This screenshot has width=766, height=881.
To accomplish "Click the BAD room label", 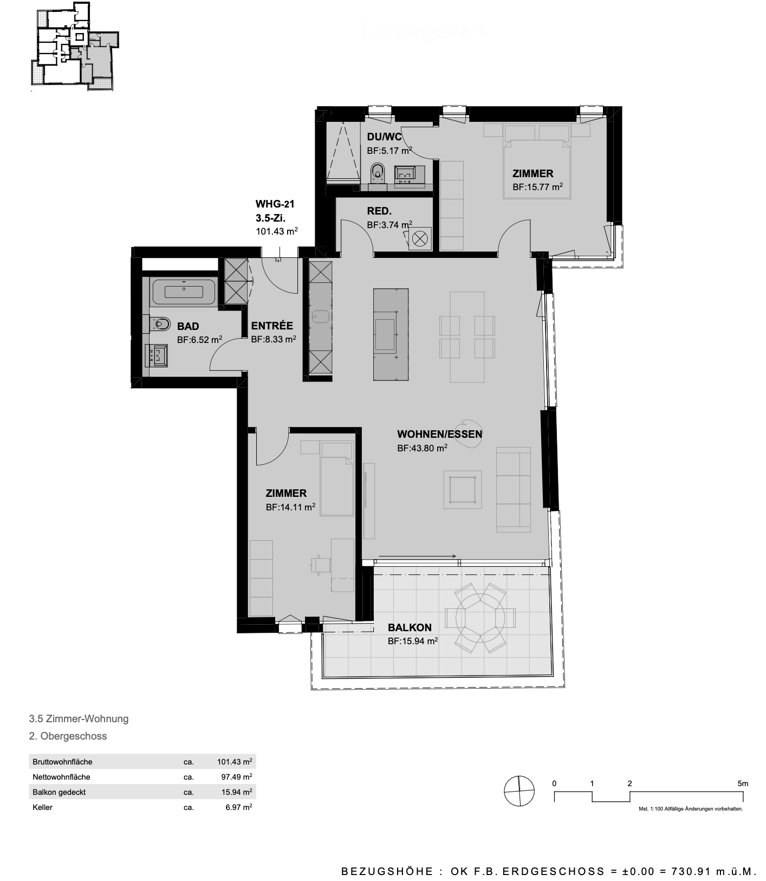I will [188, 326].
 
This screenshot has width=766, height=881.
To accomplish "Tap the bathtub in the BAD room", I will [184, 291].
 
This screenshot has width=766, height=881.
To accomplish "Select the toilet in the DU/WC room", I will [377, 172].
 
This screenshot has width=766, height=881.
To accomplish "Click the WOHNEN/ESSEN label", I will [439, 434].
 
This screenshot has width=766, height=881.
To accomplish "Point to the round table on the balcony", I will [480, 617].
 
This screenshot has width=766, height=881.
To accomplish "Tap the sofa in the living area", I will [513, 489].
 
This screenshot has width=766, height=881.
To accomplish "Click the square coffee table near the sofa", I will [462, 489].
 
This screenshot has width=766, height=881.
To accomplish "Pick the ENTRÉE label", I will [272, 326].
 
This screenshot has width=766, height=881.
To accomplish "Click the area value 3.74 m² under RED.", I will [390, 225].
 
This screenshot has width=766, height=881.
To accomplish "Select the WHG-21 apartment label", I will [275, 204].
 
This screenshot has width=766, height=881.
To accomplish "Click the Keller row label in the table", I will [42, 807].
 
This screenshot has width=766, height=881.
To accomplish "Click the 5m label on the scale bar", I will [742, 783].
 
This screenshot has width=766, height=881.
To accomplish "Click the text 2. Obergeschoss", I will [68, 736].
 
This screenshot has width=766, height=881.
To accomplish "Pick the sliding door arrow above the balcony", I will [418, 556].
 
